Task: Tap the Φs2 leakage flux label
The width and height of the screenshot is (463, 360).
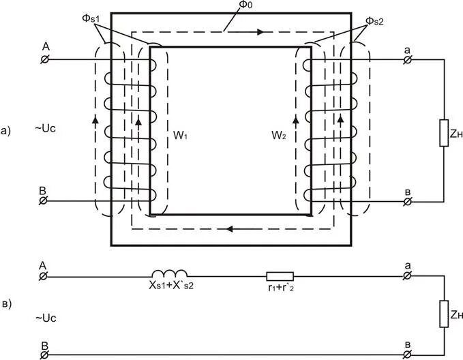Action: point(374,20)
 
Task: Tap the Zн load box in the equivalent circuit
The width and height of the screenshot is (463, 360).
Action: point(444,314)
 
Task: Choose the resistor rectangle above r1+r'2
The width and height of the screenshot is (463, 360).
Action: point(280,276)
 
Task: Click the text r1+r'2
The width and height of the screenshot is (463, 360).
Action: point(281,288)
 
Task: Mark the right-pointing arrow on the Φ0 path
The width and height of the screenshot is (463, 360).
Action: point(260,31)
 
